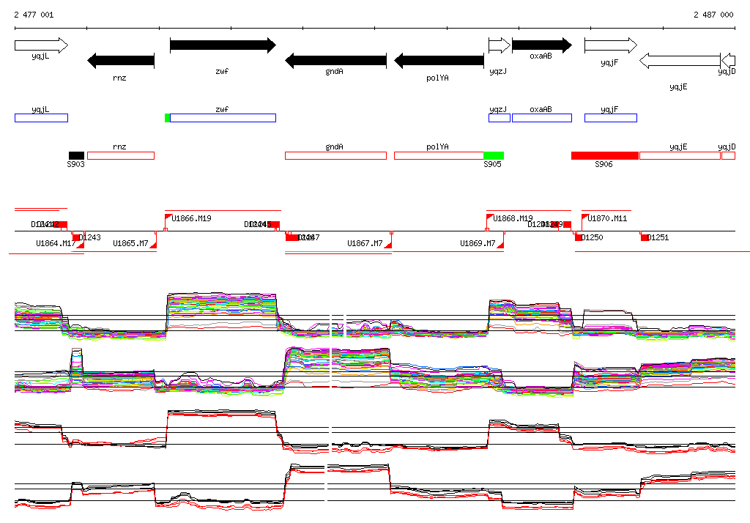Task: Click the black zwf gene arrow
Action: click(223, 45)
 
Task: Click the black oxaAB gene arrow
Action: click(541, 45)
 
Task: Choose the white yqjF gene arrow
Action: click(611, 45)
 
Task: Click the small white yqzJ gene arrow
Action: click(499, 45)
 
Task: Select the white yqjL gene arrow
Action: click(41, 45)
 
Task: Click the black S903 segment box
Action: click(76, 155)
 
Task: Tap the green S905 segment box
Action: click(493, 155)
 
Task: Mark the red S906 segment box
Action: click(605, 155)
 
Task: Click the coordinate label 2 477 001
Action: click(33, 15)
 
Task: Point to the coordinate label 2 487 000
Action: click(713, 15)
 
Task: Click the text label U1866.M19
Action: click(193, 218)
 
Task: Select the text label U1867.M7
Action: click(365, 243)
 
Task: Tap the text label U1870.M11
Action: click(608, 218)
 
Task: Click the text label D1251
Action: click(658, 237)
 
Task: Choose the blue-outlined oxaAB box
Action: click(541, 118)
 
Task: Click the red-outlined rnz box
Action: click(121, 155)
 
